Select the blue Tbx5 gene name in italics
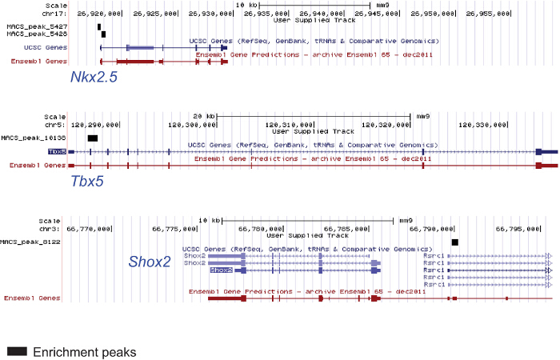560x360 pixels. (x=88, y=181)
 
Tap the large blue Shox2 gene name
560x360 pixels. (x=150, y=261)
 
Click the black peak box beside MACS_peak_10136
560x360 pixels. (x=93, y=138)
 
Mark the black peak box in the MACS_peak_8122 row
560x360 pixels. (x=455, y=242)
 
